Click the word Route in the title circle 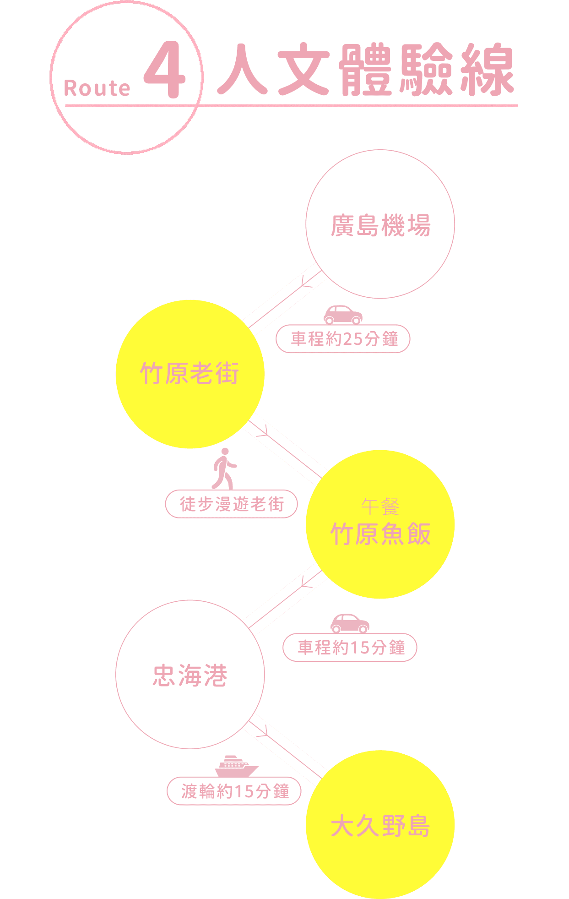click(97, 88)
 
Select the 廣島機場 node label click(380, 226)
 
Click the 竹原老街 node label click(190, 373)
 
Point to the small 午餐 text click(380, 507)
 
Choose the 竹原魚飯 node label click(380, 534)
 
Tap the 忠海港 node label click(190, 676)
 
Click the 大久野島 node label click(380, 826)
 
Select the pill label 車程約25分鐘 click(343, 339)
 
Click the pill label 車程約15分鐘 click(350, 648)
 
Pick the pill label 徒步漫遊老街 click(232, 504)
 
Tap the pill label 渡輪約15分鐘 click(234, 791)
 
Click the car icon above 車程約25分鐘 click(343, 314)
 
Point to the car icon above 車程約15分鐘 click(350, 623)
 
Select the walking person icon click(224, 468)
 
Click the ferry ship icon click(236, 766)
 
